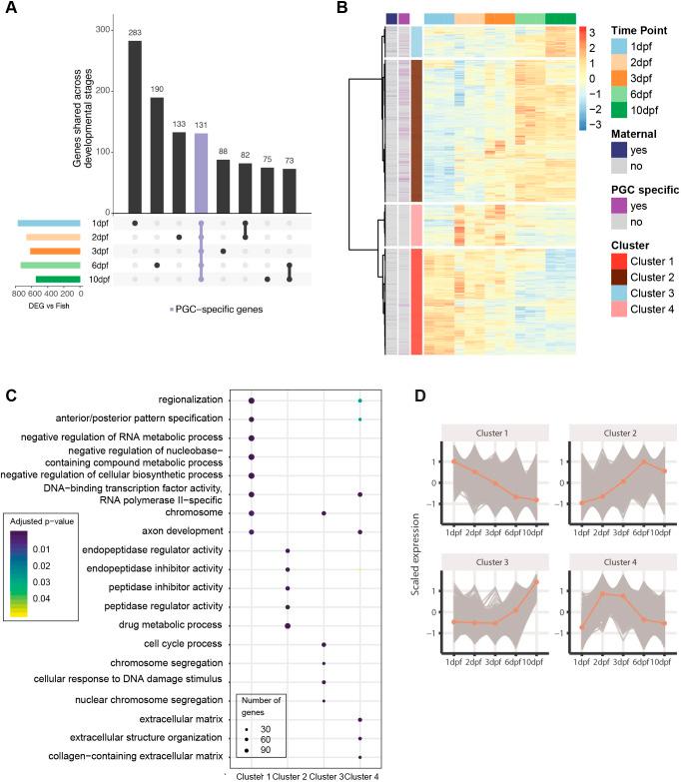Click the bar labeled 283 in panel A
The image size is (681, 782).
pos(135,125)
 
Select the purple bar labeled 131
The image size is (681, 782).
pos(201,171)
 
